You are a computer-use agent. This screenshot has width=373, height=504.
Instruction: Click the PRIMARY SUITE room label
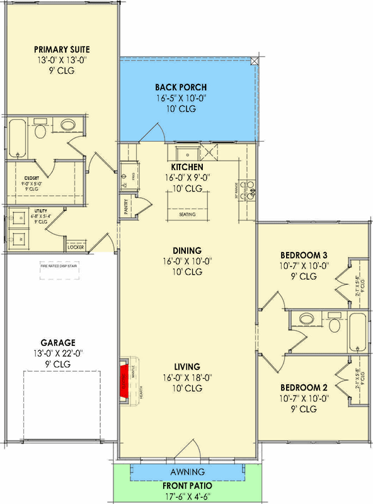pyautogui.click(x=62, y=49)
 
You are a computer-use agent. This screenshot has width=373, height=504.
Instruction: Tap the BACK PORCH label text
pyautogui.click(x=181, y=87)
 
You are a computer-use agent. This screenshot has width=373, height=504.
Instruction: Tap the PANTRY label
pyautogui.click(x=127, y=209)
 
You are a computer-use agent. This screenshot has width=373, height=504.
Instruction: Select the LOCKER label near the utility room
pyautogui.click(x=76, y=247)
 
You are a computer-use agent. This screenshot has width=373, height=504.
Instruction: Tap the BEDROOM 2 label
pyautogui.click(x=306, y=386)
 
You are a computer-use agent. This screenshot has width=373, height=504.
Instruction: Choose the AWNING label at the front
pyautogui.click(x=186, y=472)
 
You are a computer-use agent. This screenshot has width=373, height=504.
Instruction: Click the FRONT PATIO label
pyautogui.click(x=186, y=486)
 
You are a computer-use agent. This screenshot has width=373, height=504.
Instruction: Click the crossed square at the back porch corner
pyautogui.click(x=255, y=61)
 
